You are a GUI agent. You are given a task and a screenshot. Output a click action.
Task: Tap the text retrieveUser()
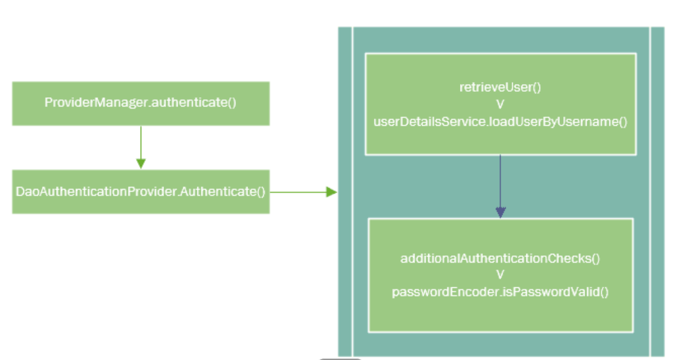(x=500, y=88)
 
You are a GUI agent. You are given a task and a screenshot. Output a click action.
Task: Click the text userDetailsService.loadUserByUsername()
(x=500, y=122)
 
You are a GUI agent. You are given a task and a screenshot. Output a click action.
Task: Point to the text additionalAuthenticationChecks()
(x=500, y=259)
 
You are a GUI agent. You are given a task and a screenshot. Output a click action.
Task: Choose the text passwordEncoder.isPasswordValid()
(x=500, y=292)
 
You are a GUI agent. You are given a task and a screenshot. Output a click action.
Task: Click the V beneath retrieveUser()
(x=500, y=105)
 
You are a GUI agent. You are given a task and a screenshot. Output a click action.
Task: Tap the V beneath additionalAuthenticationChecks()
(x=500, y=275)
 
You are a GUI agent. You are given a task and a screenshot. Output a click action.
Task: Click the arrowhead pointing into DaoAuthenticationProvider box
(x=141, y=164)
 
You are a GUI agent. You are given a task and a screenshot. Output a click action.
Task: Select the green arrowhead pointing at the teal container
(x=332, y=192)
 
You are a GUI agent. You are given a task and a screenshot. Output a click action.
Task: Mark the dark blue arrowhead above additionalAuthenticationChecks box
(x=500, y=212)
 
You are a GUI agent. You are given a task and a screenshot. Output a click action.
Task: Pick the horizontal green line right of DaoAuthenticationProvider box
(x=297, y=192)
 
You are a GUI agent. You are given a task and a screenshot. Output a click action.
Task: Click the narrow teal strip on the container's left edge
(x=344, y=192)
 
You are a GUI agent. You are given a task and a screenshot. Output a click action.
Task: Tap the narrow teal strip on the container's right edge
(x=657, y=192)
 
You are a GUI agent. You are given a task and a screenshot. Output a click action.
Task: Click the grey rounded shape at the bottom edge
(x=340, y=359)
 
